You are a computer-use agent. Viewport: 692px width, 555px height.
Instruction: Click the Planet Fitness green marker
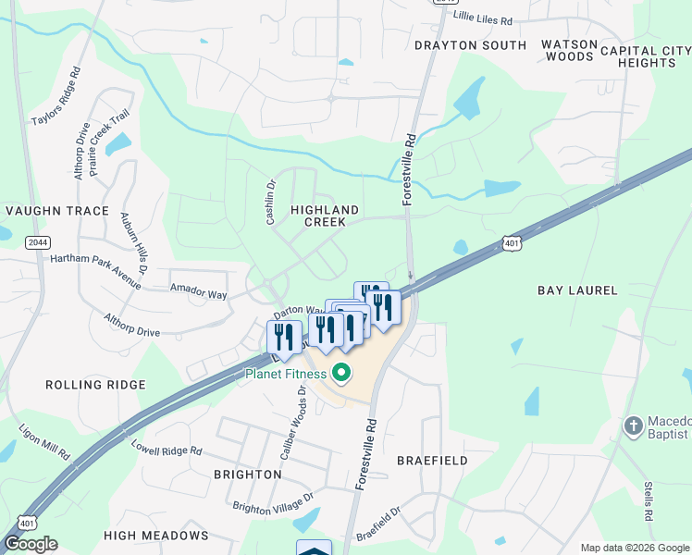[x=341, y=374]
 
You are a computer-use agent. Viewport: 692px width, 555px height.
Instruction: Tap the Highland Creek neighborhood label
[x=317, y=216]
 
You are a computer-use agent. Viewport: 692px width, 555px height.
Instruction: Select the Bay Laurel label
[x=577, y=290]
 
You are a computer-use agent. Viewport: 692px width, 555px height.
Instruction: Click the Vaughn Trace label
[x=57, y=211]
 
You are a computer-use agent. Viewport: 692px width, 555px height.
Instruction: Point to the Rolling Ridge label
[x=95, y=384]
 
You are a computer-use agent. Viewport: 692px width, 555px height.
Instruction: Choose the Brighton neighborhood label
[x=247, y=474]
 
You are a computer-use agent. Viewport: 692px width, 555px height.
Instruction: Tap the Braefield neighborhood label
[x=432, y=460]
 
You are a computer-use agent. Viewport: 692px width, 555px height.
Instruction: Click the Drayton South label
[x=471, y=44]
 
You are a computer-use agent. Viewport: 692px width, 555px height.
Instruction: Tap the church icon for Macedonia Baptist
[x=634, y=426]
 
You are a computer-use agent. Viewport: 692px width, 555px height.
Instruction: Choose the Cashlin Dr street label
[x=271, y=201]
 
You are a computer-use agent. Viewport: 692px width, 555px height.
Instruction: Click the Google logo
[x=30, y=544]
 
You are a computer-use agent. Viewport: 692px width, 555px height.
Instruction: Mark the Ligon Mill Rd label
[x=44, y=442]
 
